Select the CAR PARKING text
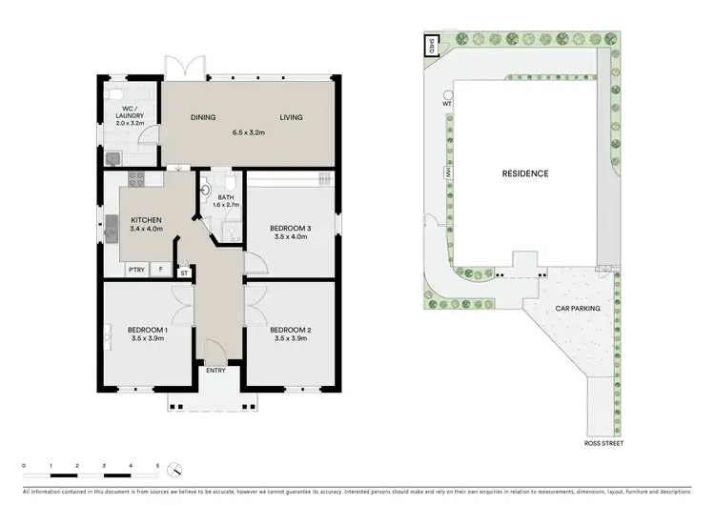(x=579, y=309)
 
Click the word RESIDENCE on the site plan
(x=525, y=173)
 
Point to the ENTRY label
(x=216, y=371)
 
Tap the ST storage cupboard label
(x=185, y=273)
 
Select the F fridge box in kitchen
(x=161, y=270)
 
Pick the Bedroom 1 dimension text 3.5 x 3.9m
(x=148, y=338)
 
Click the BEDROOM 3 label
(x=290, y=227)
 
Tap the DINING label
(x=202, y=118)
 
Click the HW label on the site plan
(x=445, y=173)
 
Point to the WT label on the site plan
(x=446, y=101)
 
